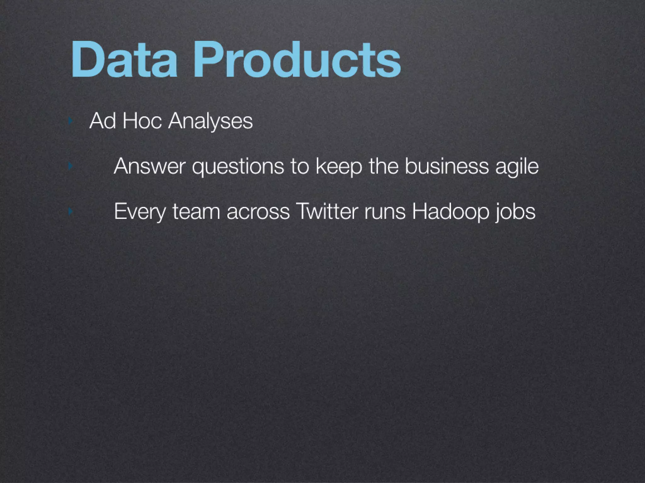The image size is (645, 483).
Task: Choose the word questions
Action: (x=238, y=167)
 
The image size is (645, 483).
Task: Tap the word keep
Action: (x=339, y=167)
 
